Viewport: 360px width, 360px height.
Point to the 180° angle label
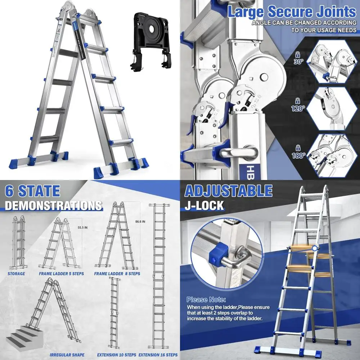pos(298,156)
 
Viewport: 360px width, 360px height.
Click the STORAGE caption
pos(16,274)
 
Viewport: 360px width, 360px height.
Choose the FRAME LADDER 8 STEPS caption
pos(117,274)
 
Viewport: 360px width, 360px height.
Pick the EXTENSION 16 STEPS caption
pos(158,355)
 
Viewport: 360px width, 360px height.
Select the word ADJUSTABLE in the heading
pos(228,191)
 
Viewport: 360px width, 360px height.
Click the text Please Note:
pos(206,300)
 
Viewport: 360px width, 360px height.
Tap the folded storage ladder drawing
pos(18,243)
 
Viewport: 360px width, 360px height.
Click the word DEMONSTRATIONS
pos(53,206)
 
